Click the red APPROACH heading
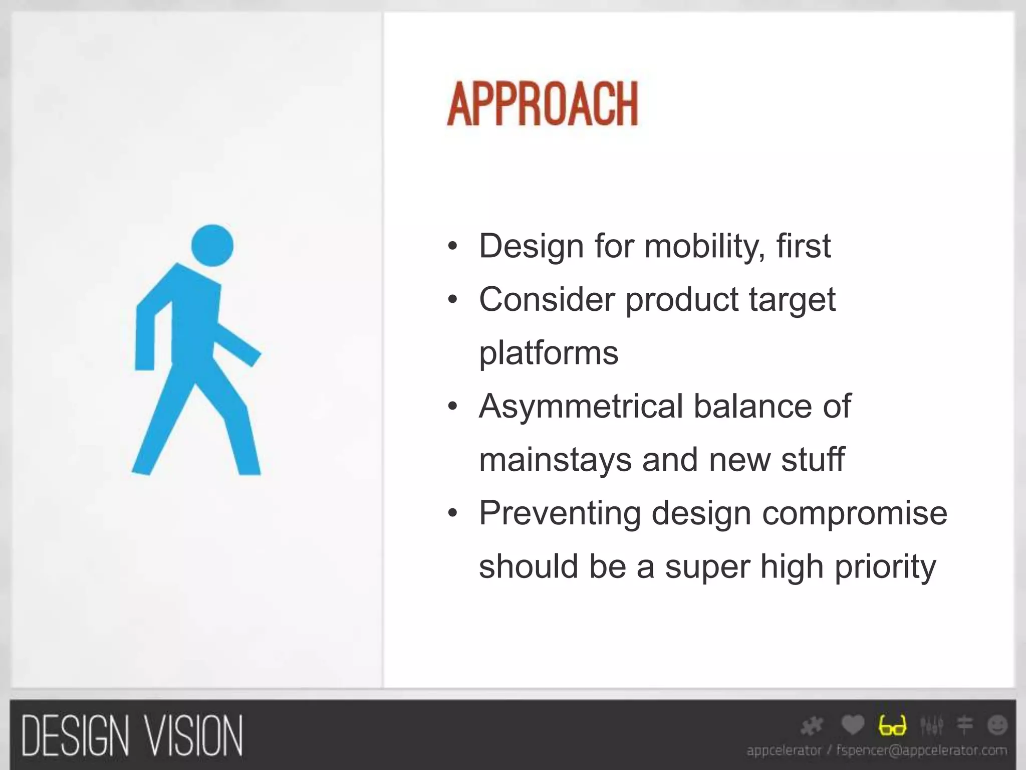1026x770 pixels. pyautogui.click(x=543, y=104)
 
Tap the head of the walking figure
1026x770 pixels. pyautogui.click(x=212, y=246)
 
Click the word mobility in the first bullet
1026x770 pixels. pyautogui.click(x=704, y=246)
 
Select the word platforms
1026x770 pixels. pyautogui.click(x=549, y=353)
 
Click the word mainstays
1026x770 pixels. pyautogui.click(x=555, y=459)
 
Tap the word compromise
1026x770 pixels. pyautogui.click(x=855, y=513)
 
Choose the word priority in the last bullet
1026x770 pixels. pyautogui.click(x=885, y=566)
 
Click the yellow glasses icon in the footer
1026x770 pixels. pyautogui.click(x=892, y=725)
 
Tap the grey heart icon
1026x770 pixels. pyautogui.click(x=853, y=724)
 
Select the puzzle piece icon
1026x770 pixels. pyautogui.click(x=812, y=725)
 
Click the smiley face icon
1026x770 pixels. pyautogui.click(x=997, y=725)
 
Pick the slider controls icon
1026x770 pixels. pyautogui.click(x=932, y=725)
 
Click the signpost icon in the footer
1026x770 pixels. pyautogui.click(x=965, y=725)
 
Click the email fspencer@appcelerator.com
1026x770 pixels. pyautogui.click(x=921, y=750)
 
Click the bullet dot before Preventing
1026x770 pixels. pyautogui.click(x=453, y=514)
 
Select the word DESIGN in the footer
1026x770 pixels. pyautogui.click(x=75, y=736)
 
